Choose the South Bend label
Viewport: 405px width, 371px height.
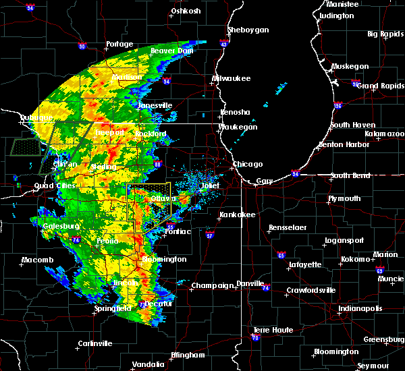350,175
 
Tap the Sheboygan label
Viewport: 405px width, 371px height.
248,30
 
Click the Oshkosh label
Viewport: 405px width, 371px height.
186,11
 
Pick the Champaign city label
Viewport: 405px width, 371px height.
213,285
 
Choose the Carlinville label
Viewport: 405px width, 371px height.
94,343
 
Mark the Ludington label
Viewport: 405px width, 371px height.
336,15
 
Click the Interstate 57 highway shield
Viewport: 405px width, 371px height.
209,236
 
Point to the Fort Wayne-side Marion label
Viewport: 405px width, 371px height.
385,254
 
